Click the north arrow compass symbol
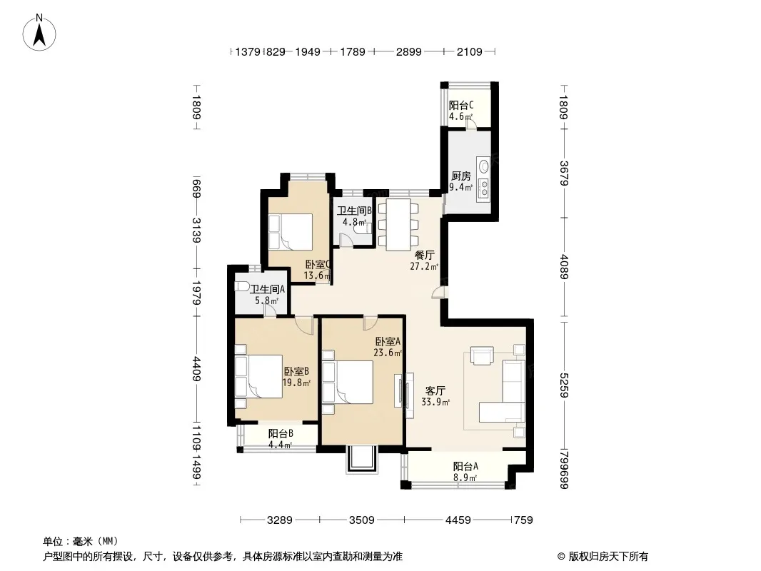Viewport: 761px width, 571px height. point(39,33)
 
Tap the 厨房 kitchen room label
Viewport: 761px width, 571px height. point(460,176)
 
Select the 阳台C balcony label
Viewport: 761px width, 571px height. point(460,105)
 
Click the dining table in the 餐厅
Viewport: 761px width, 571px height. point(398,225)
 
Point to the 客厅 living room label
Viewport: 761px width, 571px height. point(435,390)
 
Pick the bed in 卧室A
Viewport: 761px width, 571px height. point(348,382)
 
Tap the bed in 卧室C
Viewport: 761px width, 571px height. point(291,231)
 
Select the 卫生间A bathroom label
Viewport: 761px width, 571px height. point(267,289)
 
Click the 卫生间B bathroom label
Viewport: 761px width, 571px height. point(355,211)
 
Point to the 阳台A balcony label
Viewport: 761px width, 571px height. point(465,466)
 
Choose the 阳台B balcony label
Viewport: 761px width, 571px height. point(281,433)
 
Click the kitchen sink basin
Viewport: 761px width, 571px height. point(484,166)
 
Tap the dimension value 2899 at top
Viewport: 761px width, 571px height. point(408,51)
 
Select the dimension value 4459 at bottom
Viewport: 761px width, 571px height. point(458,520)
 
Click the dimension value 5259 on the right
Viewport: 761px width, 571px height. point(563,385)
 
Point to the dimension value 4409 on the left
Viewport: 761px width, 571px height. point(196,369)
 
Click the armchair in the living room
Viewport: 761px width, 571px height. point(482,355)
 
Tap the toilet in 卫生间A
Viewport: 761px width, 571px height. point(242,285)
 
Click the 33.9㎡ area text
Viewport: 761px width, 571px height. point(435,402)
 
